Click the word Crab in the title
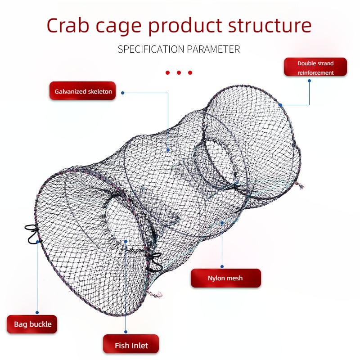(68, 25)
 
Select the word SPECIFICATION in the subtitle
(151, 49)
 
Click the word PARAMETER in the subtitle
(213, 49)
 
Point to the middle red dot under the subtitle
(179, 73)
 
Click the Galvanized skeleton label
(83, 91)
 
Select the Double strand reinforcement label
(315, 67)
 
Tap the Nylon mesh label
(226, 278)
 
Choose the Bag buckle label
(32, 324)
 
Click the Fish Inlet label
(131, 344)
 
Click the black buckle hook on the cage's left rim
(31, 234)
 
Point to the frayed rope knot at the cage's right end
(300, 185)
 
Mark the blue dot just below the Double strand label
(309, 81)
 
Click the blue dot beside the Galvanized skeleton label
(122, 93)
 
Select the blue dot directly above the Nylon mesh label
(222, 266)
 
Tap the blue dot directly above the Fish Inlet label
(126, 332)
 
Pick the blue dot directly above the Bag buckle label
(37, 312)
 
